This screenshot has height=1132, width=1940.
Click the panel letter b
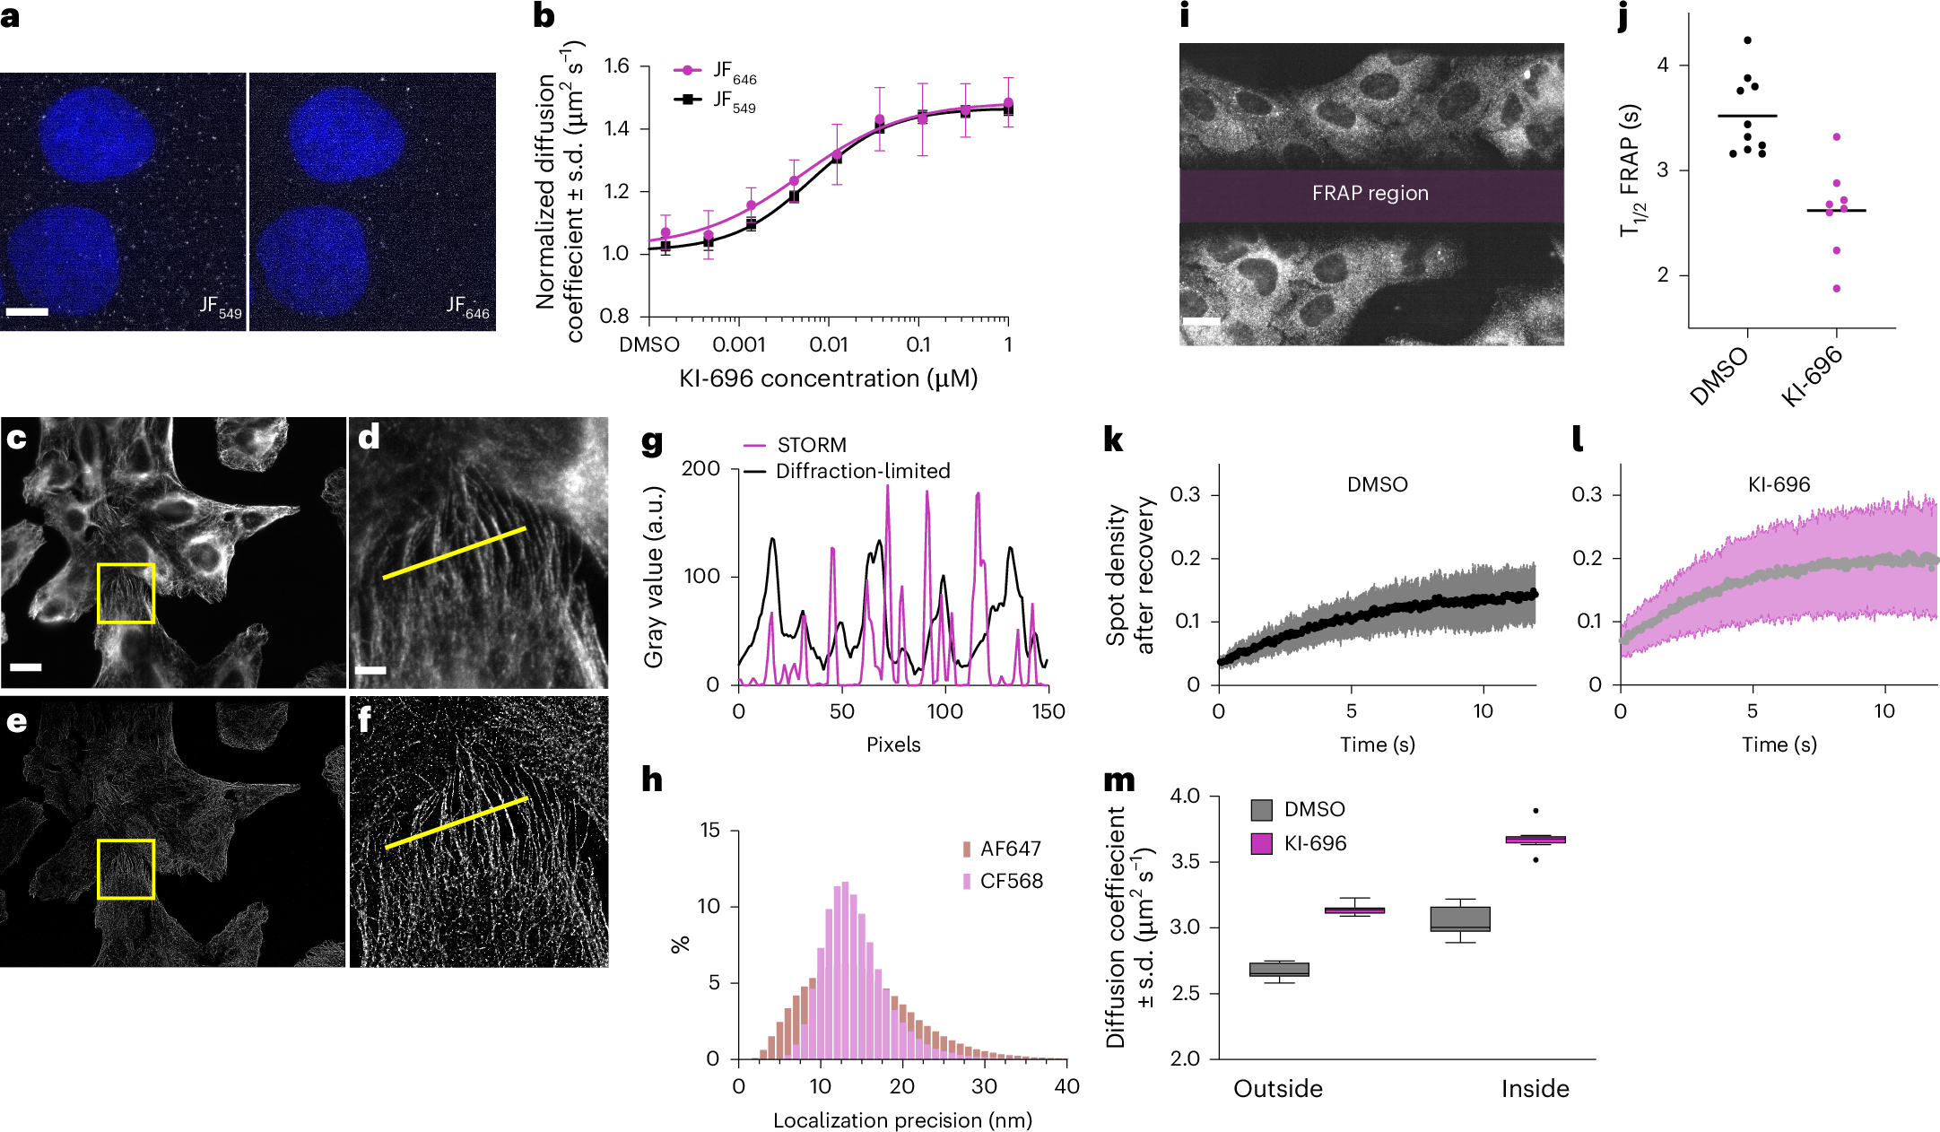pyautogui.click(x=544, y=16)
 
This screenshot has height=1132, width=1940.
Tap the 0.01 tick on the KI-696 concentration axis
pyautogui.click(x=828, y=344)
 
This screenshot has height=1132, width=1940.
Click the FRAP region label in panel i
pyautogui.click(x=1370, y=194)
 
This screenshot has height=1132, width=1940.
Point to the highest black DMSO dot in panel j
pyautogui.click(x=1747, y=40)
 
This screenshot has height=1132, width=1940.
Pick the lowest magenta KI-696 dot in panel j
pyautogui.click(x=1837, y=289)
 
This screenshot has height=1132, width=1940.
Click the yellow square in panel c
pyautogui.click(x=126, y=593)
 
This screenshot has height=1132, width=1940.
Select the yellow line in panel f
pyautogui.click(x=457, y=823)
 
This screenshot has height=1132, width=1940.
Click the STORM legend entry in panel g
pyautogui.click(x=811, y=445)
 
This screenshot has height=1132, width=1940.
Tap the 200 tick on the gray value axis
pyautogui.click(x=700, y=468)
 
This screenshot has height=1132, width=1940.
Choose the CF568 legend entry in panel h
pyautogui.click(x=1011, y=881)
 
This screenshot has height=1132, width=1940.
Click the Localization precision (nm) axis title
pyautogui.click(x=902, y=1120)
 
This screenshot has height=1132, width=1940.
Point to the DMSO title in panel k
pyautogui.click(x=1377, y=484)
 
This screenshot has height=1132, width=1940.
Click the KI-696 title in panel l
pyautogui.click(x=1779, y=484)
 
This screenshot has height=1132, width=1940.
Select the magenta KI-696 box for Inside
pyautogui.click(x=1535, y=840)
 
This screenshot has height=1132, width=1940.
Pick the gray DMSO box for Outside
pyautogui.click(x=1279, y=970)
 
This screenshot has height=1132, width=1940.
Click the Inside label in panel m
pyautogui.click(x=1535, y=1089)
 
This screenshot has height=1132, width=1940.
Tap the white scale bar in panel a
pyautogui.click(x=27, y=312)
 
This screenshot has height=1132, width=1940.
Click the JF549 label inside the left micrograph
pyautogui.click(x=220, y=307)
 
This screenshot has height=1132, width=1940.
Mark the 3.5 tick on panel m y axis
pyautogui.click(x=1185, y=862)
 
